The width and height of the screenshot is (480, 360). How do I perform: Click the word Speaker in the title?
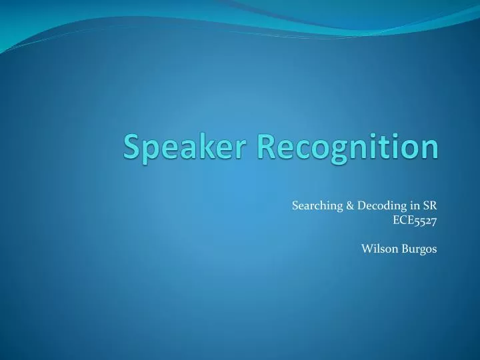[185, 148]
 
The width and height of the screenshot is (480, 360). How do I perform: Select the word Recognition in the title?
[348, 148]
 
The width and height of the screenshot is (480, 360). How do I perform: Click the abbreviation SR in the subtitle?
[430, 205]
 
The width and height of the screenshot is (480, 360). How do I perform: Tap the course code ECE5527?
[415, 221]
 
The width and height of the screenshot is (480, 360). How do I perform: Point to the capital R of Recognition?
[267, 146]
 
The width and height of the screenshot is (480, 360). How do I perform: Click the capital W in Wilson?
[367, 249]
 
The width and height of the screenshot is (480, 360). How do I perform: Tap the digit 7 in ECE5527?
[433, 221]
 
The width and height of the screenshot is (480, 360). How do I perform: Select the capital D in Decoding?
[361, 206]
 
